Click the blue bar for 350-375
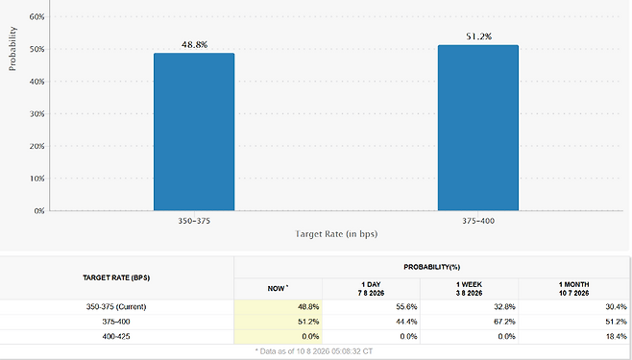pyautogui.click(x=194, y=132)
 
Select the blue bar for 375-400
pyautogui.click(x=478, y=128)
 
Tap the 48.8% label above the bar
pyautogui.click(x=194, y=45)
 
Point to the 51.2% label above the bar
pyautogui.click(x=479, y=36)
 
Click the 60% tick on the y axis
pyautogui.click(x=36, y=17)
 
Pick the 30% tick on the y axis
pyautogui.click(x=36, y=114)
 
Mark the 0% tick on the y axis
pyautogui.click(x=39, y=211)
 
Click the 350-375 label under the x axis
pyautogui.click(x=194, y=221)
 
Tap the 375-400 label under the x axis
pyautogui.click(x=478, y=221)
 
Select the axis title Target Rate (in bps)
pyautogui.click(x=336, y=234)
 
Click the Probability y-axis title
pyautogui.click(x=12, y=49)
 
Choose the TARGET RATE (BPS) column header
pyautogui.click(x=116, y=277)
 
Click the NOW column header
pyautogui.click(x=279, y=288)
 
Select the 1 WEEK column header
pyautogui.click(x=469, y=289)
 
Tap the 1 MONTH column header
pyautogui.click(x=574, y=289)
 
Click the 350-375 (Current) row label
pyautogui.click(x=116, y=307)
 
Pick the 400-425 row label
pyautogui.click(x=116, y=336)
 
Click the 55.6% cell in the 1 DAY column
pyautogui.click(x=406, y=307)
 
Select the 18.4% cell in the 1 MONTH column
pyautogui.click(x=617, y=336)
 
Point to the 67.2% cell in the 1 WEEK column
pyautogui.click(x=504, y=322)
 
